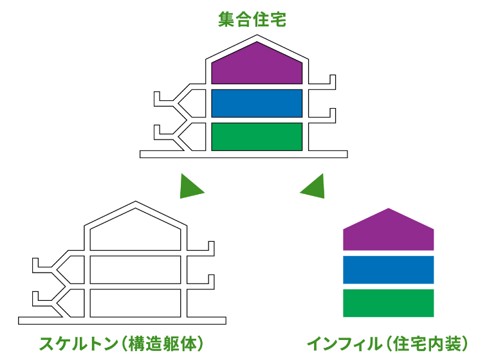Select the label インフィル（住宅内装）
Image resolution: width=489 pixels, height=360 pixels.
click(387, 343)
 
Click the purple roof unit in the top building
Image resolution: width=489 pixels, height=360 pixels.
click(257, 66)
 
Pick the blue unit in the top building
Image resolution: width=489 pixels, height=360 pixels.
click(257, 103)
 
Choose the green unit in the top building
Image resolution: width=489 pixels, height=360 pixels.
click(257, 136)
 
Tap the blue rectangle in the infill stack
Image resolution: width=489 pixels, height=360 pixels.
click(388, 269)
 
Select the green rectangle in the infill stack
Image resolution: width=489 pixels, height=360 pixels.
click(388, 303)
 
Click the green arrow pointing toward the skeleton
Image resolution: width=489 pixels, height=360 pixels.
click(190, 187)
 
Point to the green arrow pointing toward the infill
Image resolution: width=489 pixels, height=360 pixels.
click(314, 187)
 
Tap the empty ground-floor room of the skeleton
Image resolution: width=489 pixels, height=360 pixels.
click(135, 303)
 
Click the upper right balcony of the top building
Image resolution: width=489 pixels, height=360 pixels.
click(325, 82)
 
